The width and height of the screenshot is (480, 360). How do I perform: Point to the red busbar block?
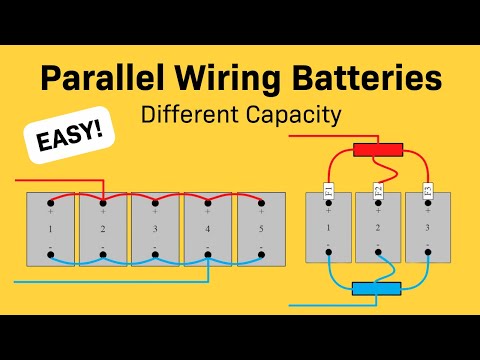[378, 150]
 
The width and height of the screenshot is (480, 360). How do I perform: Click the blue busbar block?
[377, 289]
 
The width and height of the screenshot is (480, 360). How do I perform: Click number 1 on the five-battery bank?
[50, 229]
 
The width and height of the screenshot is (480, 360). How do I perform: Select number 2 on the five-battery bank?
[103, 229]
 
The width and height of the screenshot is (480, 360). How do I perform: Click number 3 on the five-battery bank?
[155, 229]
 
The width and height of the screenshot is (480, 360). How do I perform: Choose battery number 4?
[207, 229]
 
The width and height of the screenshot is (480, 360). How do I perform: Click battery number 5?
[260, 229]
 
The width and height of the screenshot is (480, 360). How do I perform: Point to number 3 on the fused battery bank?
[427, 229]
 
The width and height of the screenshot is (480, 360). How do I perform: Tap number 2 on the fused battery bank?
[377, 229]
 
